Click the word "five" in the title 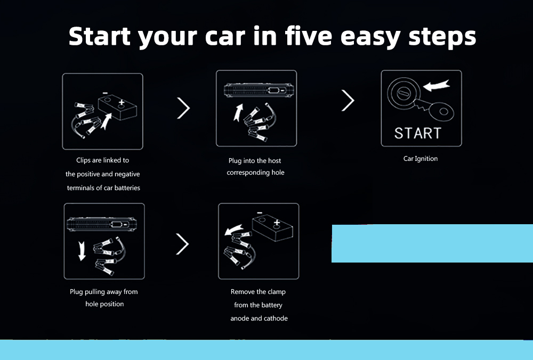pyautogui.click(x=308, y=36)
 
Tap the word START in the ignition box pyautogui.click(x=418, y=133)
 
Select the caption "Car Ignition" pyautogui.click(x=421, y=159)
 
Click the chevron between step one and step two pyautogui.click(x=183, y=108)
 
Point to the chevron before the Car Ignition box pyautogui.click(x=348, y=101)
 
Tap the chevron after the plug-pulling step pyautogui.click(x=182, y=244)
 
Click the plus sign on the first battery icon pyautogui.click(x=122, y=102)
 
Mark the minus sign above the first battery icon pyautogui.click(x=106, y=93)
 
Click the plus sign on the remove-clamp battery pyautogui.click(x=277, y=223)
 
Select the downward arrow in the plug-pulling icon pyautogui.click(x=82, y=251)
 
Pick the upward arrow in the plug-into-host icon pyautogui.click(x=239, y=112)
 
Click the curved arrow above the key pyautogui.click(x=437, y=85)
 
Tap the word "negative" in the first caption pyautogui.click(x=127, y=174)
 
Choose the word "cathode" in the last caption pyautogui.click(x=276, y=318)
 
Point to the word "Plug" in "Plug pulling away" pyautogui.click(x=76, y=292)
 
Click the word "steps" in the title pyautogui.click(x=442, y=37)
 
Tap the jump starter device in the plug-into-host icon pyautogui.click(x=259, y=91)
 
